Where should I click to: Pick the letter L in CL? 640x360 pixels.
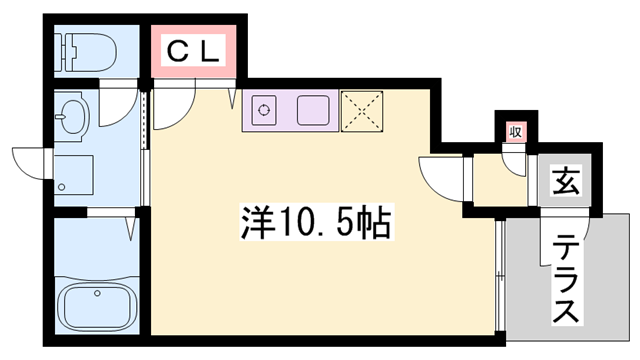208,49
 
